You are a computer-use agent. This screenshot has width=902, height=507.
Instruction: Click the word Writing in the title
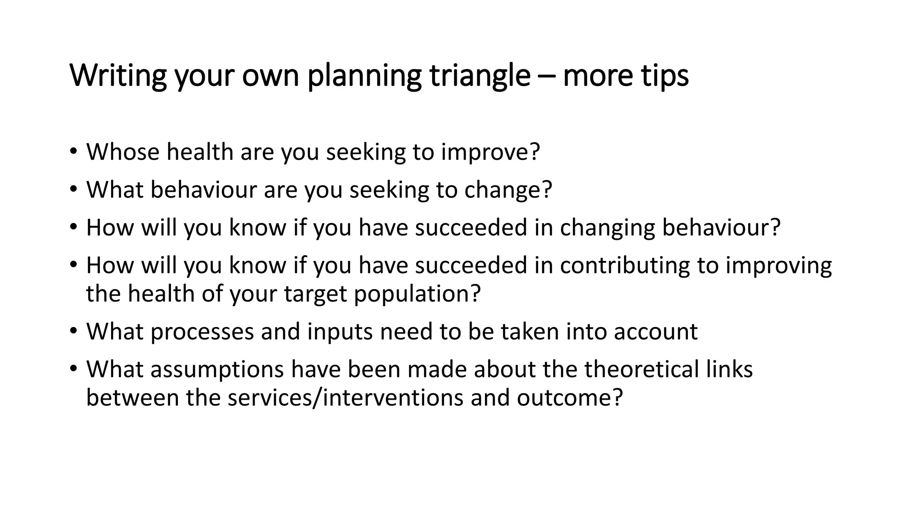[x=118, y=76]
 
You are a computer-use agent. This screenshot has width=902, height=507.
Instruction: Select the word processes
[x=202, y=332]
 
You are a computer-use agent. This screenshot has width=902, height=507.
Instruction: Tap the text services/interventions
[x=345, y=397]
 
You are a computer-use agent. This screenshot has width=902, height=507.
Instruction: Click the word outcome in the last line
[x=564, y=397]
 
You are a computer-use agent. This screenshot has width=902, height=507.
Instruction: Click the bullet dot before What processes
[x=73, y=331]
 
